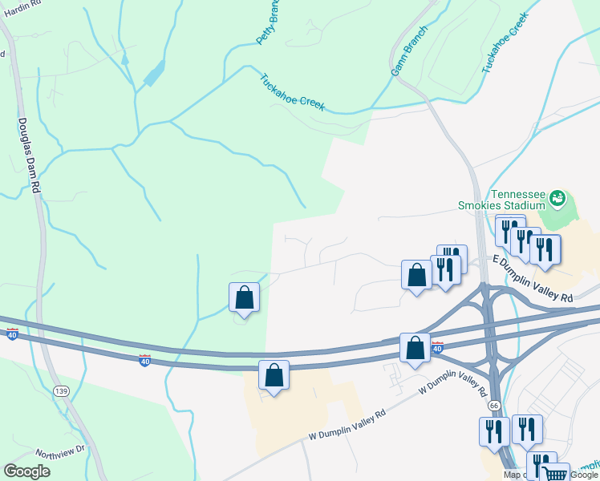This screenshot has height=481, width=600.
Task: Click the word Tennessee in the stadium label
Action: [518, 193]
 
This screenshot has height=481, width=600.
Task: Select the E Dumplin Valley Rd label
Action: [533, 280]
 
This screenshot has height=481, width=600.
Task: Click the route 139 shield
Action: [60, 390]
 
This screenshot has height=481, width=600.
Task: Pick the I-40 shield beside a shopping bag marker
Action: [437, 347]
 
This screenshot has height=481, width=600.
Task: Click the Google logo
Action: [26, 471]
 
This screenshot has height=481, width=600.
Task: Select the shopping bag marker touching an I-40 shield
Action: [415, 348]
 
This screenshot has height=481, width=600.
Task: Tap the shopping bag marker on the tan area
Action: [274, 374]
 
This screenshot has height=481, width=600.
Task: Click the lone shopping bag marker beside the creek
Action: [245, 297]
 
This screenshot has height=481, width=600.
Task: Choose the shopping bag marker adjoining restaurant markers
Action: [417, 275]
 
